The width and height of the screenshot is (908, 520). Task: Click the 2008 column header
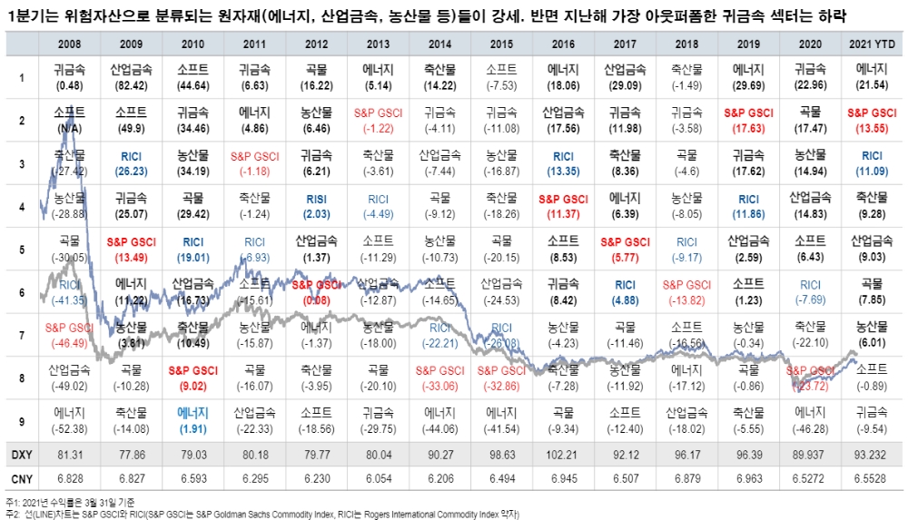tap(70, 44)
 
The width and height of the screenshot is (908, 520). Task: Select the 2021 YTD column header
tap(873, 44)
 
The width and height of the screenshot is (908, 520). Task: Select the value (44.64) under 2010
tap(192, 84)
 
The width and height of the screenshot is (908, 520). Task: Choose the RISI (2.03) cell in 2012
tap(315, 206)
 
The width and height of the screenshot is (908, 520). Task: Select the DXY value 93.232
tap(873, 453)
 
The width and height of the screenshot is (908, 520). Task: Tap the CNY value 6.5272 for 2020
tap(810, 477)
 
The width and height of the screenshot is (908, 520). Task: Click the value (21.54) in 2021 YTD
tap(873, 84)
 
